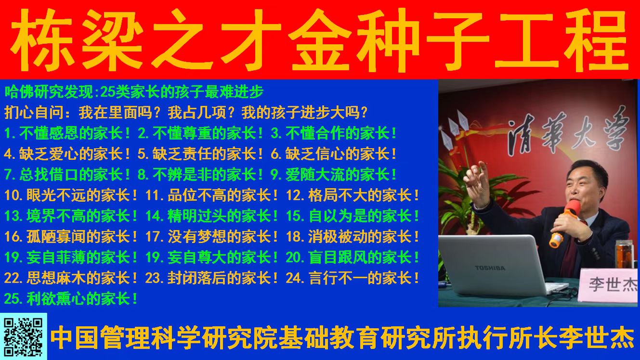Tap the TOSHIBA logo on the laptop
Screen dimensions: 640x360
(x=490, y=268)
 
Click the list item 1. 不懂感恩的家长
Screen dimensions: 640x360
(x=67, y=133)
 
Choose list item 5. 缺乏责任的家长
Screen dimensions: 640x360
(x=200, y=154)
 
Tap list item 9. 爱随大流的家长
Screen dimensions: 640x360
(x=333, y=174)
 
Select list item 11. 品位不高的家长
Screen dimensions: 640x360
(x=212, y=195)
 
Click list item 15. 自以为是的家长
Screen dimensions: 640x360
(x=353, y=216)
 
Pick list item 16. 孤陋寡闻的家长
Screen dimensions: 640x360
(x=71, y=237)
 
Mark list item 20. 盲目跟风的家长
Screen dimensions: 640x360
(x=353, y=257)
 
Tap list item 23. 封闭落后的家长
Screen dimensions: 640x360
(x=212, y=278)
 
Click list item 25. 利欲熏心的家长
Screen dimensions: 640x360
(x=71, y=299)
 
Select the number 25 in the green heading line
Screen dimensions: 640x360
(x=107, y=92)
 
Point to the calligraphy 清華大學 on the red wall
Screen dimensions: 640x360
(x=569, y=132)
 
